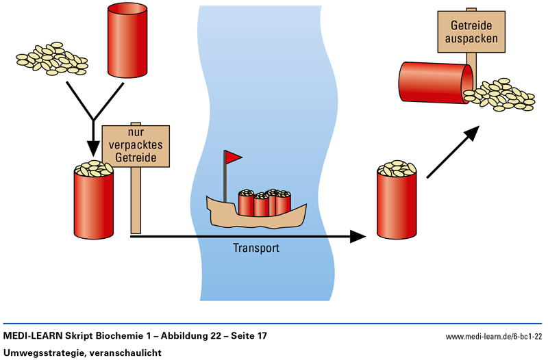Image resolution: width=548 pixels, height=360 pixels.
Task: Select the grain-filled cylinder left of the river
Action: pyautogui.click(x=93, y=201)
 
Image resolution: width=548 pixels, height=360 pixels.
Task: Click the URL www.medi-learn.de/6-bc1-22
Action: pyautogui.click(x=494, y=337)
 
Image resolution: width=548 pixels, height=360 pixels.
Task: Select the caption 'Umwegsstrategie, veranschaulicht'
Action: pyautogui.click(x=81, y=352)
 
